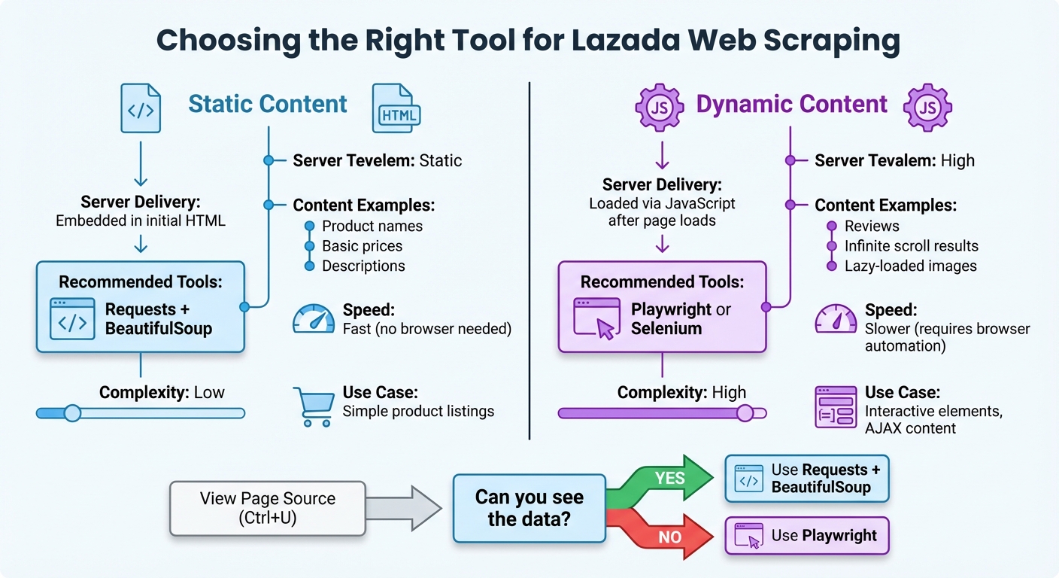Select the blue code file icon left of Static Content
coord(141,108)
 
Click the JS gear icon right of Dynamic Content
coord(927,108)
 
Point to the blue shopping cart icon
coord(312,406)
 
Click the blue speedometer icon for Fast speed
coord(313,319)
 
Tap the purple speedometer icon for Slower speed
coord(836,319)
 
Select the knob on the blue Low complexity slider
coord(72,412)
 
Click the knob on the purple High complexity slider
coord(745,412)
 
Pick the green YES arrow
coord(666,479)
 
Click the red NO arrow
coord(666,535)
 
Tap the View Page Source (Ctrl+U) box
coord(268,508)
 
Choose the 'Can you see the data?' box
coord(529,508)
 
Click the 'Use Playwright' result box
coord(806,536)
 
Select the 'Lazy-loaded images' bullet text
coord(910,266)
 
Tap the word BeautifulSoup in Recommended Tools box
coord(159,329)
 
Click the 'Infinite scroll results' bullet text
coord(912,246)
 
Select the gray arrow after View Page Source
coord(406,508)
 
